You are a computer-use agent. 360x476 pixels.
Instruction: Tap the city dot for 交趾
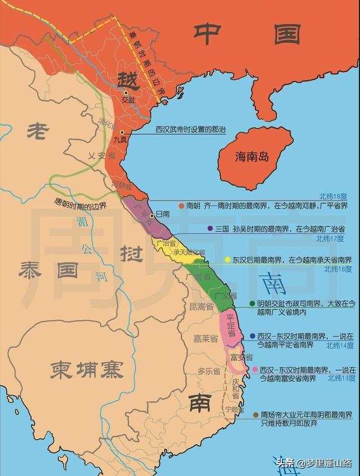click(127, 92)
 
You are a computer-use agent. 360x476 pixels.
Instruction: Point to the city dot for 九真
click(122, 131)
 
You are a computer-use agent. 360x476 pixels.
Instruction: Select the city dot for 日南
click(152, 215)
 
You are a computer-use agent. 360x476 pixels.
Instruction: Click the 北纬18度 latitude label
click(335, 196)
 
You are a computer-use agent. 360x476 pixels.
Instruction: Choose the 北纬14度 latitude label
click(340, 345)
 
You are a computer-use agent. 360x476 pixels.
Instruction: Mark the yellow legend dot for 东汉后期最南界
click(228, 260)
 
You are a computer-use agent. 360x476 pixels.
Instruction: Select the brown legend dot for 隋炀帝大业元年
click(256, 414)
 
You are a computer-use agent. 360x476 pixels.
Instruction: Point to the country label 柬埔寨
click(86, 369)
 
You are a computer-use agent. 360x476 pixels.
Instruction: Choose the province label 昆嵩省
click(201, 307)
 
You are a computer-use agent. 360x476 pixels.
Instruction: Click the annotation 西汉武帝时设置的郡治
click(190, 129)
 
